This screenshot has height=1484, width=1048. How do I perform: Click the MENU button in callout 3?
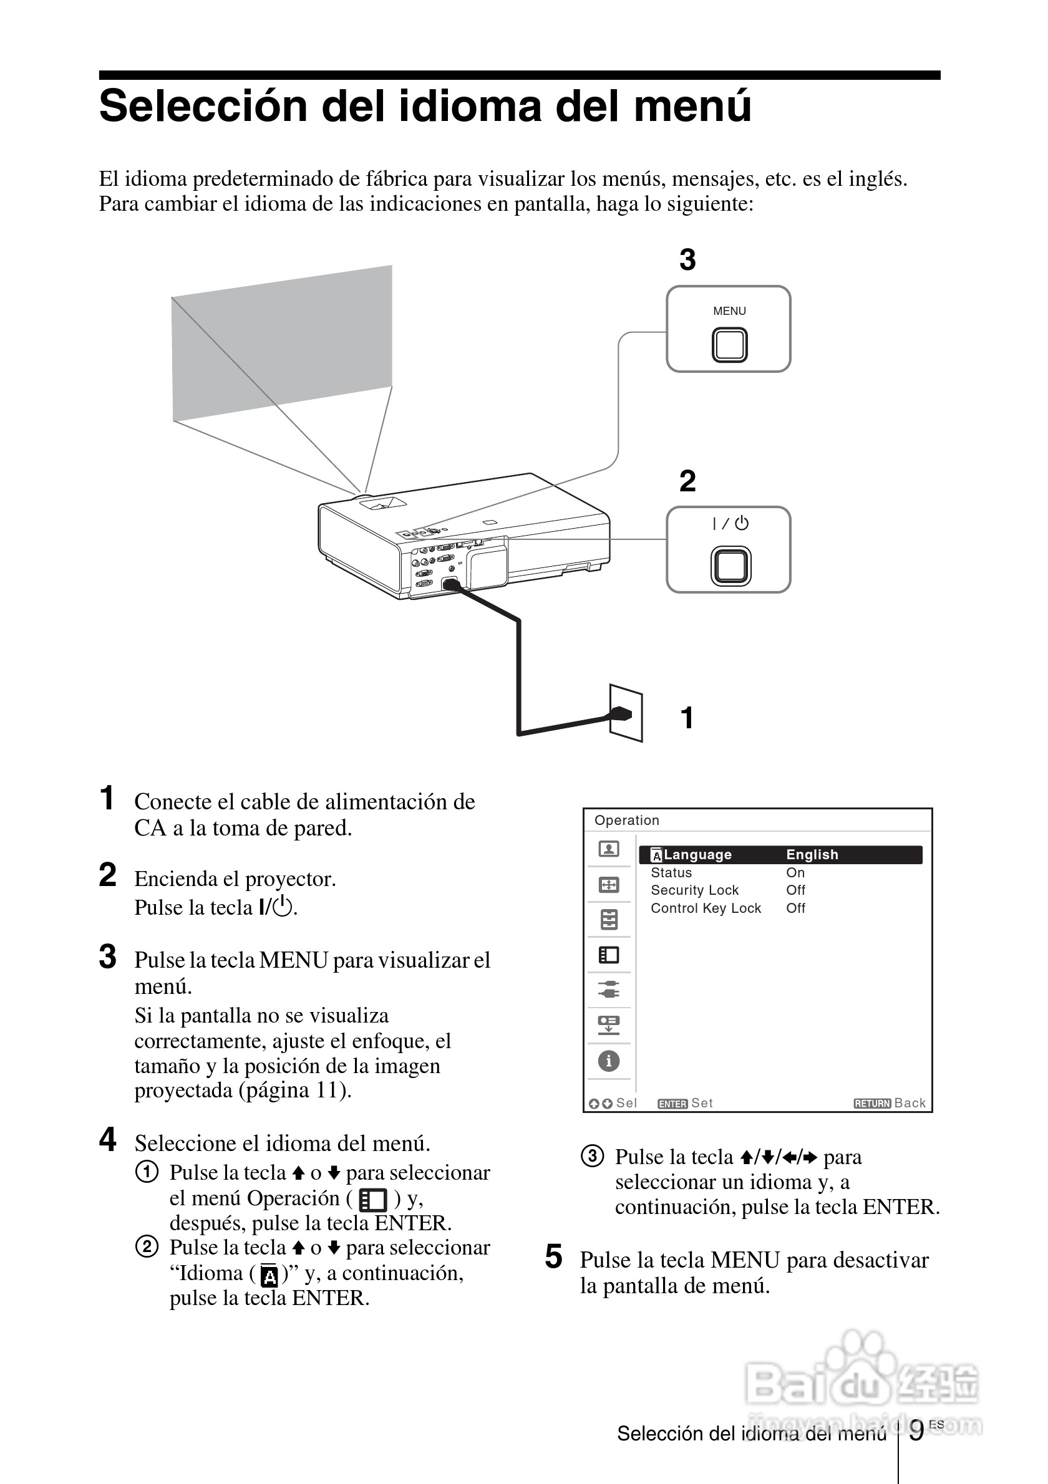point(730,345)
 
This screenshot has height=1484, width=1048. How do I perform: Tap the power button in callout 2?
point(730,566)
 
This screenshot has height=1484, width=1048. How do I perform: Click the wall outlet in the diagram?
point(626,713)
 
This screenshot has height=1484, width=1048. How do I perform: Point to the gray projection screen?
point(282,343)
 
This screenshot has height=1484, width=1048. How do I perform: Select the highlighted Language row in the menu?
point(780,854)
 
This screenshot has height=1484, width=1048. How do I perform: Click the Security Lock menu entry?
point(694,890)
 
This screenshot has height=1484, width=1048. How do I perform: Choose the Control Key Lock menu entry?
point(706,908)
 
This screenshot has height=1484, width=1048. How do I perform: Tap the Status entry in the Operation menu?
point(671,872)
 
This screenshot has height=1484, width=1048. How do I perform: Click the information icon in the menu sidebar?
point(608,1061)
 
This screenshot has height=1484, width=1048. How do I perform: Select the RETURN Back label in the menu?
point(890,1103)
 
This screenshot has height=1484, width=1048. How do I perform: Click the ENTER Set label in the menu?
point(685,1103)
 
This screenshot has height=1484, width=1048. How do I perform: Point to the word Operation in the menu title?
point(626,820)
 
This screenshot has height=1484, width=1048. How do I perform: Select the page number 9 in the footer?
point(916,1431)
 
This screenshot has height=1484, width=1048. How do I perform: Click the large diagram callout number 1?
point(687,718)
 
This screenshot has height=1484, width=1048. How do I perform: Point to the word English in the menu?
point(812,854)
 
